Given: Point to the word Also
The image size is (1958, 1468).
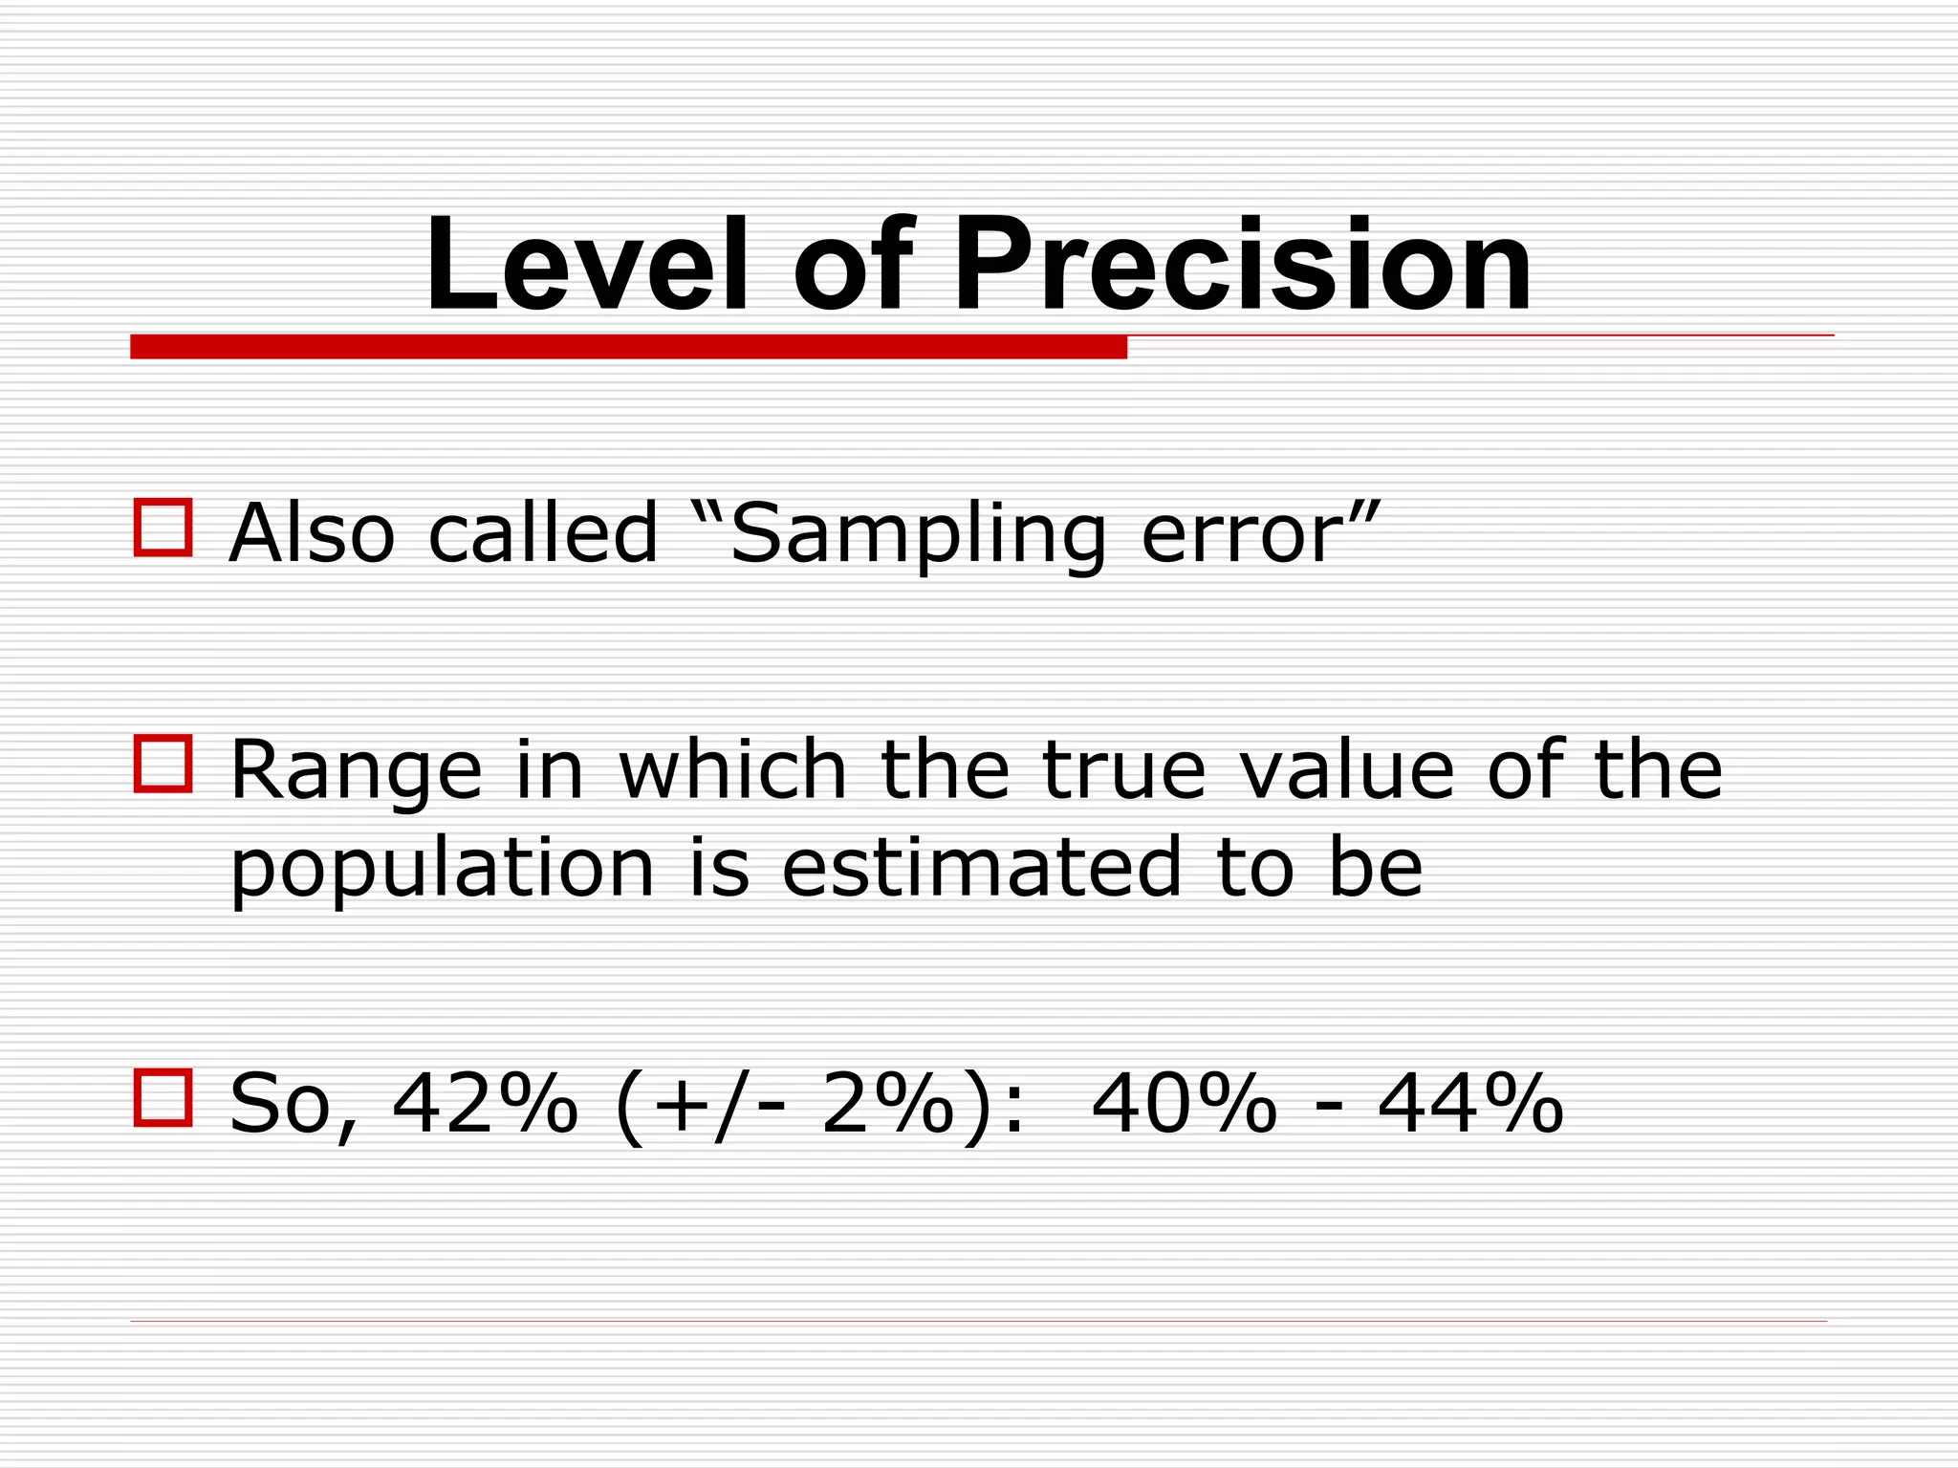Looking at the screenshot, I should pos(312,533).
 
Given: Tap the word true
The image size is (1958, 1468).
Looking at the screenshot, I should pos(1123,769).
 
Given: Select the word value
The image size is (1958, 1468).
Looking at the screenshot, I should pos(1347,769).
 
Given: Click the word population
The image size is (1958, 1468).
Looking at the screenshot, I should pos(442,870).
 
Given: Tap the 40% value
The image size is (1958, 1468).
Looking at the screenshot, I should pos(1184,1104).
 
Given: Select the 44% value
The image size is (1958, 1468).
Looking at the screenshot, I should pos(1470,1104).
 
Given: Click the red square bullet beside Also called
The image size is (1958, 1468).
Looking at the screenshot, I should pos(163,527).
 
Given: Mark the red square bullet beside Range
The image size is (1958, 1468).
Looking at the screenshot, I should pos(163,764).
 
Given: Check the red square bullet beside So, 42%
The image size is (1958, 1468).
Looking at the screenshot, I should pos(163,1097).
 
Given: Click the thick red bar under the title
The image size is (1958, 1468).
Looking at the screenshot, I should pos(628,347).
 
